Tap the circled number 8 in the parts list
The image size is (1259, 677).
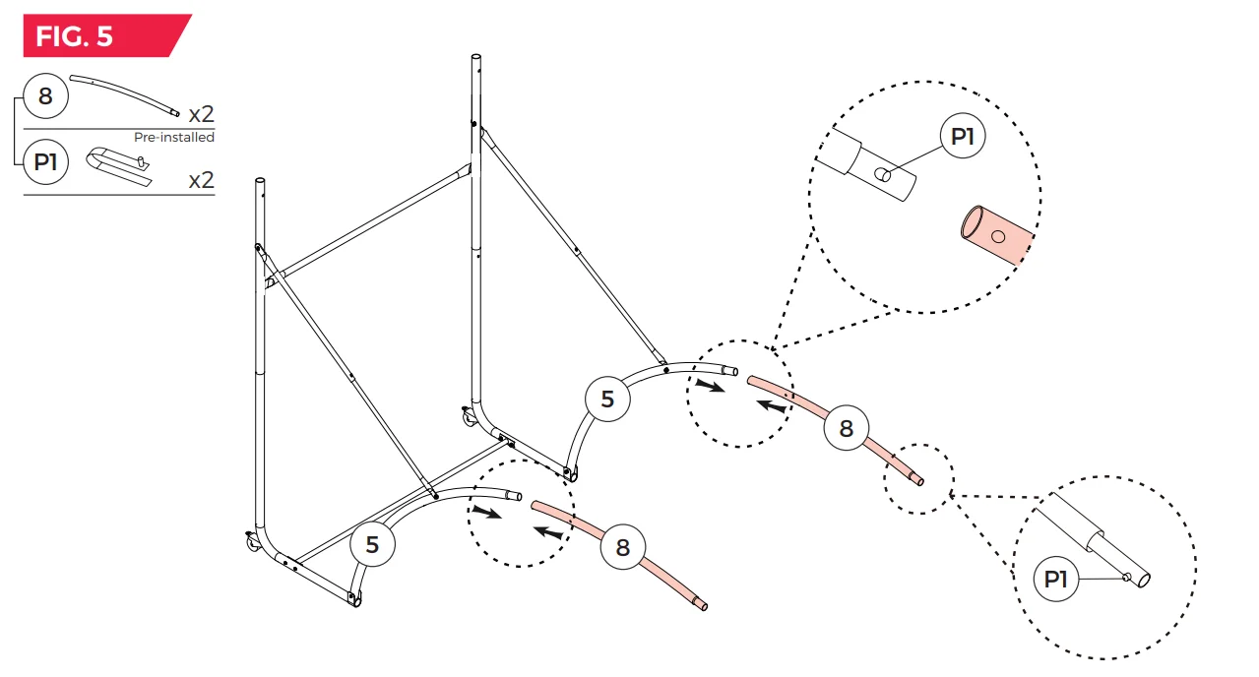pos(45,96)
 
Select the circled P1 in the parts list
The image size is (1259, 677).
pos(45,162)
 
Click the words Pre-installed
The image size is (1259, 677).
pos(174,137)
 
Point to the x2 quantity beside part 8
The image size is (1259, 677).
pos(201,114)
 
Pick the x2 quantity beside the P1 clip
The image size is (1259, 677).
pos(201,180)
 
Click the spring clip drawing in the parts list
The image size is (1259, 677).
pos(118,165)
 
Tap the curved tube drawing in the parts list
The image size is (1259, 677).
pos(124,94)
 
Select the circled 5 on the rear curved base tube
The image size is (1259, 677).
pos(607,399)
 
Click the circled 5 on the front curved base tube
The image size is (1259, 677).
pos(372,544)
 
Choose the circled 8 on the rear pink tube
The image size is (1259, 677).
pos(846,429)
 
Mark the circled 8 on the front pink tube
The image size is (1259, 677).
pos(622,547)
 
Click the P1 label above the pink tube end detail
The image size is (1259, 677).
pos(963,136)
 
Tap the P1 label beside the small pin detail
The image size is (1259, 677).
pos(1055,579)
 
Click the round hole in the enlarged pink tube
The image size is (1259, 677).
pos(998,237)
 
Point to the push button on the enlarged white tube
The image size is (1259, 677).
pos(883,175)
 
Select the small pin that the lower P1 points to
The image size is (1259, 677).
pos(1126,577)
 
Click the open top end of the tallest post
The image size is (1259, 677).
pos(475,57)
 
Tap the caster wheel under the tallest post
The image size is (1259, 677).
pos(469,417)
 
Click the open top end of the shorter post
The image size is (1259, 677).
pos(260,181)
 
